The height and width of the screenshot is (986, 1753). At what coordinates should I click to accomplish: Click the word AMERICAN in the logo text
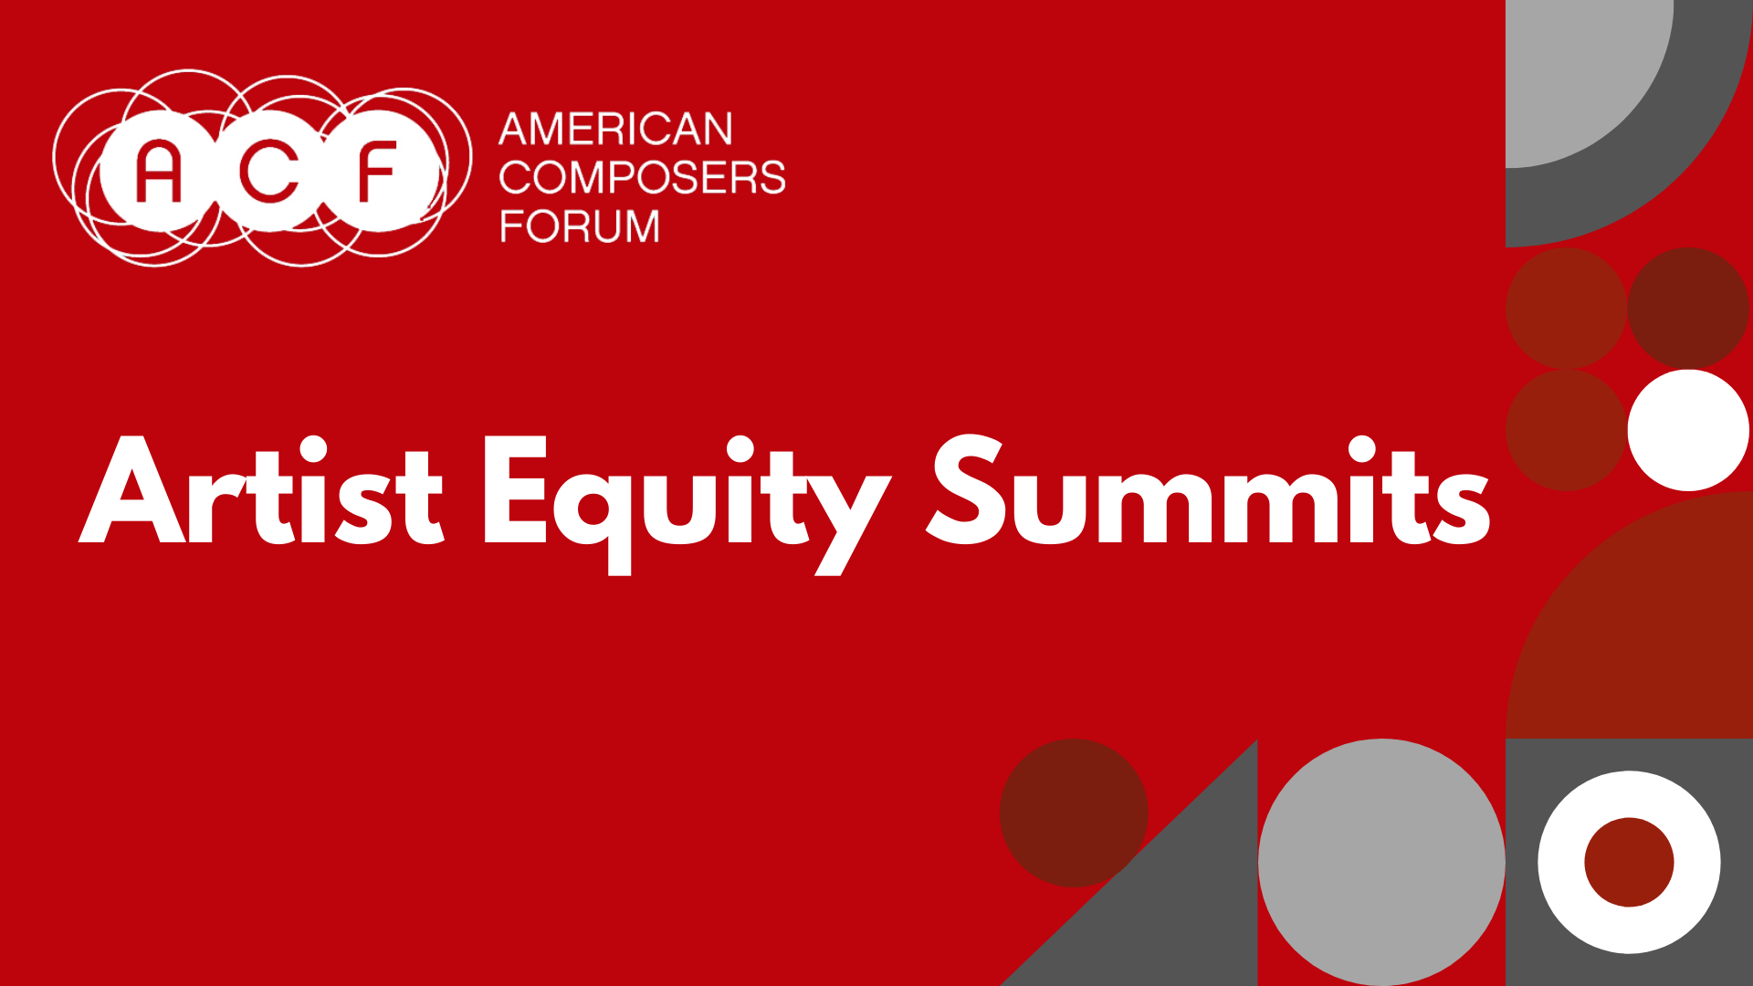pos(615,129)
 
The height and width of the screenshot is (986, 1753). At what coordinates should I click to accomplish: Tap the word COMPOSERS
pos(642,177)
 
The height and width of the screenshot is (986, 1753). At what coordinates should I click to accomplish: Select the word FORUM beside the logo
pos(579,226)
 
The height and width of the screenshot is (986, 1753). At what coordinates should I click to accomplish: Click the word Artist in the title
pos(262,493)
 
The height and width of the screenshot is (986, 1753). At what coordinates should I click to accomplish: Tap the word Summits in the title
pos(1208,493)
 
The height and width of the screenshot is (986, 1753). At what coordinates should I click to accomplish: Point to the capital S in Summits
pos(966,491)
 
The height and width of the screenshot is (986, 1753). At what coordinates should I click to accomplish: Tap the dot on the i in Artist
pos(312,448)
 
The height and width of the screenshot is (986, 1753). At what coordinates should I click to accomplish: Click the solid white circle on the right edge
pos(1688,430)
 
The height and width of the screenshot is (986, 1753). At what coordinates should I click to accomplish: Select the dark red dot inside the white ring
pos(1629,862)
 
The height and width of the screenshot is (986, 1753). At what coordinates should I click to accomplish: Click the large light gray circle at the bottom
pos(1381,862)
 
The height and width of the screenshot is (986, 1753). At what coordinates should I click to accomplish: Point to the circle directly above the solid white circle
pos(1688,308)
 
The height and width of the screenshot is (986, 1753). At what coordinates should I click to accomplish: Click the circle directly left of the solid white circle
pos(1566,430)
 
